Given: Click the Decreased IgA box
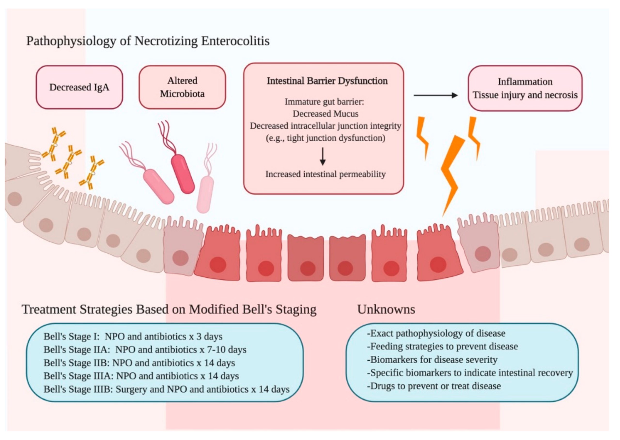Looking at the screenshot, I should click(x=79, y=87).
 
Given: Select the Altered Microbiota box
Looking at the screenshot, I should click(x=182, y=87).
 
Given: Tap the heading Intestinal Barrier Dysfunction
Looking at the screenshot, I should click(x=327, y=81).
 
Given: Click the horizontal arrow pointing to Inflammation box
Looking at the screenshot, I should click(x=435, y=95).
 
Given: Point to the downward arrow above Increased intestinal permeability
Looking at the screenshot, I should click(x=323, y=157).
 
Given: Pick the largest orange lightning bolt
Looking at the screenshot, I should click(x=451, y=173).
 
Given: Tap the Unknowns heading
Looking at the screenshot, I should click(x=386, y=309).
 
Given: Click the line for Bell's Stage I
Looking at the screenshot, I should click(x=133, y=336).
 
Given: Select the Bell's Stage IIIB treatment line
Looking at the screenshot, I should click(x=166, y=389).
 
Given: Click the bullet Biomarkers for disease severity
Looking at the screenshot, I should click(x=432, y=360).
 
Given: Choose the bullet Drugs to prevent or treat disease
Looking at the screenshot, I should click(x=434, y=386).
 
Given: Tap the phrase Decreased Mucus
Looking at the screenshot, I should click(x=325, y=114).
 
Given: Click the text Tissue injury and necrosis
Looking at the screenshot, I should click(x=525, y=95).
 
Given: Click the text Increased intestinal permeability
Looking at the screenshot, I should click(x=325, y=174).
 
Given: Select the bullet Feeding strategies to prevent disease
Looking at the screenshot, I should click(x=442, y=347).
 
